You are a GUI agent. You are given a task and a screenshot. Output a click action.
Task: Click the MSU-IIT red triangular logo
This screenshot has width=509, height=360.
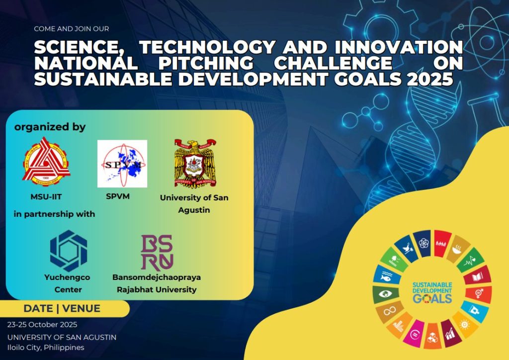(x=46, y=161)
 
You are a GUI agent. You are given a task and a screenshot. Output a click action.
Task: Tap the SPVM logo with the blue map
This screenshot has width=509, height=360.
(x=122, y=164)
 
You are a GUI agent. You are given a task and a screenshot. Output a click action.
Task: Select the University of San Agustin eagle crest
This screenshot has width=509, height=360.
(x=195, y=163)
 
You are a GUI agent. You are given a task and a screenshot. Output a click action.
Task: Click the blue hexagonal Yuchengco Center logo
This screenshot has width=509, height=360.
(x=69, y=251)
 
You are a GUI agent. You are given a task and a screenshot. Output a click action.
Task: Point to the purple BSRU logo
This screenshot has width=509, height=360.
(x=157, y=253)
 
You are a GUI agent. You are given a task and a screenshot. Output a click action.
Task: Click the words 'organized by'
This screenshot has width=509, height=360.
(x=50, y=127)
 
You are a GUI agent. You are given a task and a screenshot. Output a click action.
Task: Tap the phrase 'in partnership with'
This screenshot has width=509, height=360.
(x=54, y=214)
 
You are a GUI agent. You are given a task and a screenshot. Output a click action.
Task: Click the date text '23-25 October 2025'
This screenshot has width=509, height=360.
(x=42, y=325)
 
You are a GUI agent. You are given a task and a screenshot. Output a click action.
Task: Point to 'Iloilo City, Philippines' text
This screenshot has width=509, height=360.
(x=46, y=348)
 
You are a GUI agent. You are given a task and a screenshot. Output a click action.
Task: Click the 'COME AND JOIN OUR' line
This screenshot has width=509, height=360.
(x=72, y=29)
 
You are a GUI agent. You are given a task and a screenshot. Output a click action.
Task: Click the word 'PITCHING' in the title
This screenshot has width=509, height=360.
(x=206, y=63)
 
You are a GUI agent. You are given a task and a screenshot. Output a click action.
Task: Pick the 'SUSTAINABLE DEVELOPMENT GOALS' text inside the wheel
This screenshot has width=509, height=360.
(x=432, y=292)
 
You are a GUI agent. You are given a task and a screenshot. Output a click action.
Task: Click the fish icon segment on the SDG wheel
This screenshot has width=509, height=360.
(x=386, y=275)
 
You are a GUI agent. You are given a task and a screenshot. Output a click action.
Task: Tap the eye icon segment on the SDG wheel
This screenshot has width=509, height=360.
(x=385, y=294)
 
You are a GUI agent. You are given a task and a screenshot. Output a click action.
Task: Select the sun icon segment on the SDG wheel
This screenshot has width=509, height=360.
(x=465, y=324)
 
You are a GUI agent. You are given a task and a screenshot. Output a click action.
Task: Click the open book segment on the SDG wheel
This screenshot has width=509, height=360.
(x=478, y=275)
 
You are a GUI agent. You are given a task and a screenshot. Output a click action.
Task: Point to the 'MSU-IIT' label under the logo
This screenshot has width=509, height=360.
(x=46, y=197)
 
